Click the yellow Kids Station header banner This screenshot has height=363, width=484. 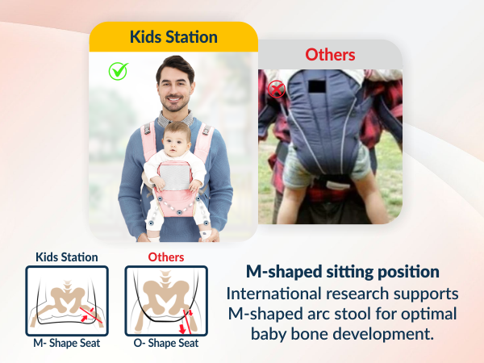tap(173, 37)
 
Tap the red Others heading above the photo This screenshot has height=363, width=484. tap(330, 55)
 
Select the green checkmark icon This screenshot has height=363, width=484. tap(119, 71)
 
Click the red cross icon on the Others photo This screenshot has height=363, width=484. tap(277, 89)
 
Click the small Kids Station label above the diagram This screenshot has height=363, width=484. tap(66, 257)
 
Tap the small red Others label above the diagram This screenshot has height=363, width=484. tap(165, 257)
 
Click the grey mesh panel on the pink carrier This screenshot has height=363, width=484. tap(174, 172)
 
